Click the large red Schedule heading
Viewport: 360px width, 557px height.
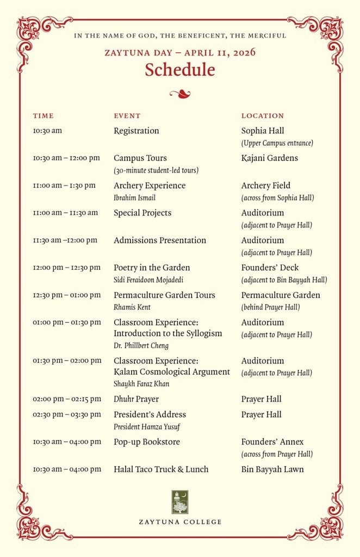coord(179,70)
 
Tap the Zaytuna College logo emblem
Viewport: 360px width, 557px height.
coord(180,502)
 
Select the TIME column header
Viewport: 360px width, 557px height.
coord(44,116)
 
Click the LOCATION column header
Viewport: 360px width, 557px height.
coord(263,116)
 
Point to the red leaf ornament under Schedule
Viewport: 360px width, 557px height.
coord(179,94)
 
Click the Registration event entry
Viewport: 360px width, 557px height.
coord(136,131)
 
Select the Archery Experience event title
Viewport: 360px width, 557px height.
coord(150,185)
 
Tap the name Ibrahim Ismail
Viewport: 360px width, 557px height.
coord(134,198)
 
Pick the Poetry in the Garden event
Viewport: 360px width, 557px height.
coord(152,268)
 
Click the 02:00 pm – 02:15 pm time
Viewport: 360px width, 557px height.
coord(67,399)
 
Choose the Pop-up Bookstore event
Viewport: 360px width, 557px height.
coord(147,442)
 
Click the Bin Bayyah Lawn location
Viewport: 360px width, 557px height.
coord(272,469)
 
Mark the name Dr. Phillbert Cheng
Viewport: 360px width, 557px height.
coord(141,345)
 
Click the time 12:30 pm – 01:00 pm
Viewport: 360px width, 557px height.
coord(67,295)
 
